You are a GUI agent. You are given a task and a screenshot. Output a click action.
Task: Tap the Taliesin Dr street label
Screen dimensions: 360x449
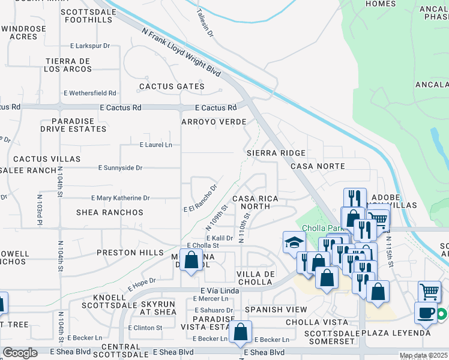[x=205, y=23]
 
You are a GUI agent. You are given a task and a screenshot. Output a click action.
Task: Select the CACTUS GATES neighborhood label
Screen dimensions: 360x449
[x=172, y=86]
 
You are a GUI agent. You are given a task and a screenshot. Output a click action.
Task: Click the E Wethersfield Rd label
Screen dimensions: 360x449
[x=90, y=93]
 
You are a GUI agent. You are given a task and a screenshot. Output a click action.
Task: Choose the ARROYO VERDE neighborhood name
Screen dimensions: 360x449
[x=214, y=122]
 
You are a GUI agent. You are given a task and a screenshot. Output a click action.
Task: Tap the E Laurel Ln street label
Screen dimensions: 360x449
[x=155, y=145]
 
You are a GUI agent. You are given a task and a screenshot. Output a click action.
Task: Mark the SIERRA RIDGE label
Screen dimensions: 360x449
[x=276, y=153]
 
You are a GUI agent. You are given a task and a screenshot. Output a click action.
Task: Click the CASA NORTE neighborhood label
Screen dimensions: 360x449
[x=318, y=166]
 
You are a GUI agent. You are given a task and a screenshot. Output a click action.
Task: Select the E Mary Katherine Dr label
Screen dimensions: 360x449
[x=120, y=197]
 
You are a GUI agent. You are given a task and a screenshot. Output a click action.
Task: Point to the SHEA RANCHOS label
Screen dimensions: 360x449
[x=110, y=212]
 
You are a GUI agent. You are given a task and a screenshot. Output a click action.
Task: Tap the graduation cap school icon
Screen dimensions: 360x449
[x=294, y=242]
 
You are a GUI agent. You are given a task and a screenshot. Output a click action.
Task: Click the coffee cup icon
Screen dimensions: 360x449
[x=426, y=312]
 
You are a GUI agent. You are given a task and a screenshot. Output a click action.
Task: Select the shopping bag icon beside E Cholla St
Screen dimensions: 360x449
[x=191, y=260]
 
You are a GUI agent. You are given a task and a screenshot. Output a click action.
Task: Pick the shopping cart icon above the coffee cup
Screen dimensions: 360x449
[x=430, y=292]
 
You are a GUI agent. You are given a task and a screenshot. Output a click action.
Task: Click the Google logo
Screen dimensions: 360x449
[x=20, y=353]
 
